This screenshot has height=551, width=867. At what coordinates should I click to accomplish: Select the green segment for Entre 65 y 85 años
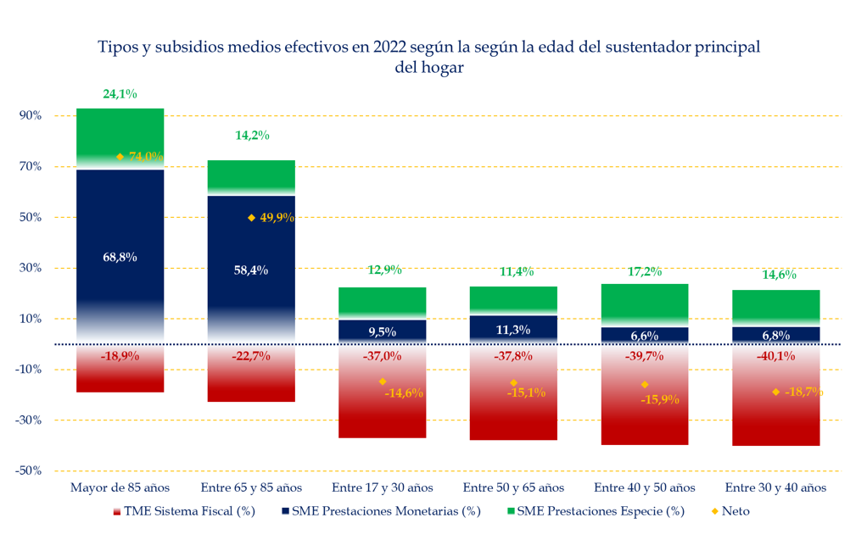tap(251, 173)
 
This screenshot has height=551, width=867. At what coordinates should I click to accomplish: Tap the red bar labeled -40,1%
tap(775, 407)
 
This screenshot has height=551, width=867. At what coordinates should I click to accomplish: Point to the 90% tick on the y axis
tap(31, 115)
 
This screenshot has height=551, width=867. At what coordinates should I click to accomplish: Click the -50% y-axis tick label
tap(29, 470)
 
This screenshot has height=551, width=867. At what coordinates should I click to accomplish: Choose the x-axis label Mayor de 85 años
tap(120, 487)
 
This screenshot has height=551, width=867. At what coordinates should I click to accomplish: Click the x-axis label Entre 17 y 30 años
tap(382, 487)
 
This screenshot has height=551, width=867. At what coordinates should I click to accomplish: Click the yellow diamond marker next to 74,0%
tap(120, 157)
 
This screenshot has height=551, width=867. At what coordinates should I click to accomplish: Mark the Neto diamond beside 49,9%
tap(251, 218)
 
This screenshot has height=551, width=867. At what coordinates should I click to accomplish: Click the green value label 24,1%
tap(120, 94)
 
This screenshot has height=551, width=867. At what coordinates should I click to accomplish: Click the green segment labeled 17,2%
tap(644, 301)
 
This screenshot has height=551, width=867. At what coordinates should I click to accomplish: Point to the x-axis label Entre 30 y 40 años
tap(775, 487)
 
